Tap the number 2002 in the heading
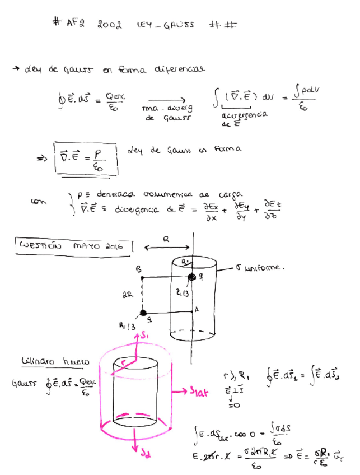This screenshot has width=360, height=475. [109, 25]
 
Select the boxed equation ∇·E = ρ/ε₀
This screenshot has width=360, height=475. [85, 160]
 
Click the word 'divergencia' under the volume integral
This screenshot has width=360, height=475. [244, 116]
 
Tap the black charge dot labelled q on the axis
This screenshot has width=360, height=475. [191, 277]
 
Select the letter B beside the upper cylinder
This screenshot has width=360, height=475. [139, 269]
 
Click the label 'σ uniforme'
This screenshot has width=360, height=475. [259, 268]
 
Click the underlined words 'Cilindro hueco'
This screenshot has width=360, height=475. [55, 362]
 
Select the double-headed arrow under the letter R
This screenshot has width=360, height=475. [166, 247]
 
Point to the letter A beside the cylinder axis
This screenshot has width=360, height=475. [197, 309]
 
